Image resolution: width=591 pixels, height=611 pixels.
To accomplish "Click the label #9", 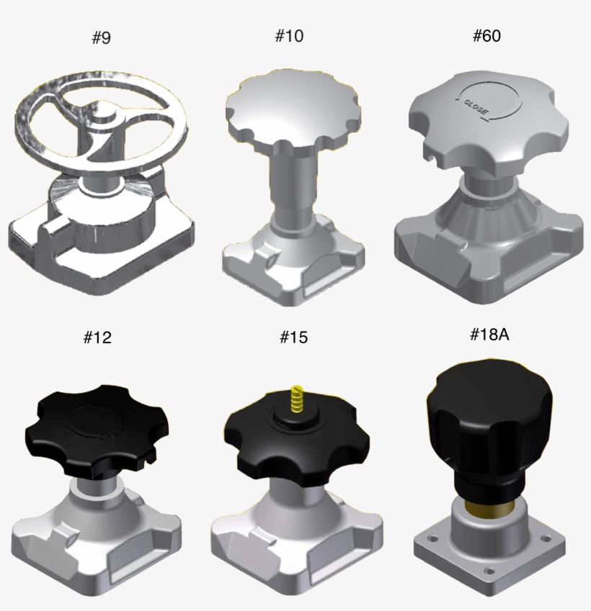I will [102, 38].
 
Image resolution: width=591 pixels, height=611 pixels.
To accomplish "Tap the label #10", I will [289, 35].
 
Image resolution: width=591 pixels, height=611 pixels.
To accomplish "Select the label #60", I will [486, 35].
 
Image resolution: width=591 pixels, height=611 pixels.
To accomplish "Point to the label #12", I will [98, 336].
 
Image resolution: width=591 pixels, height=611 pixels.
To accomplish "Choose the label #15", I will [291, 337].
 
